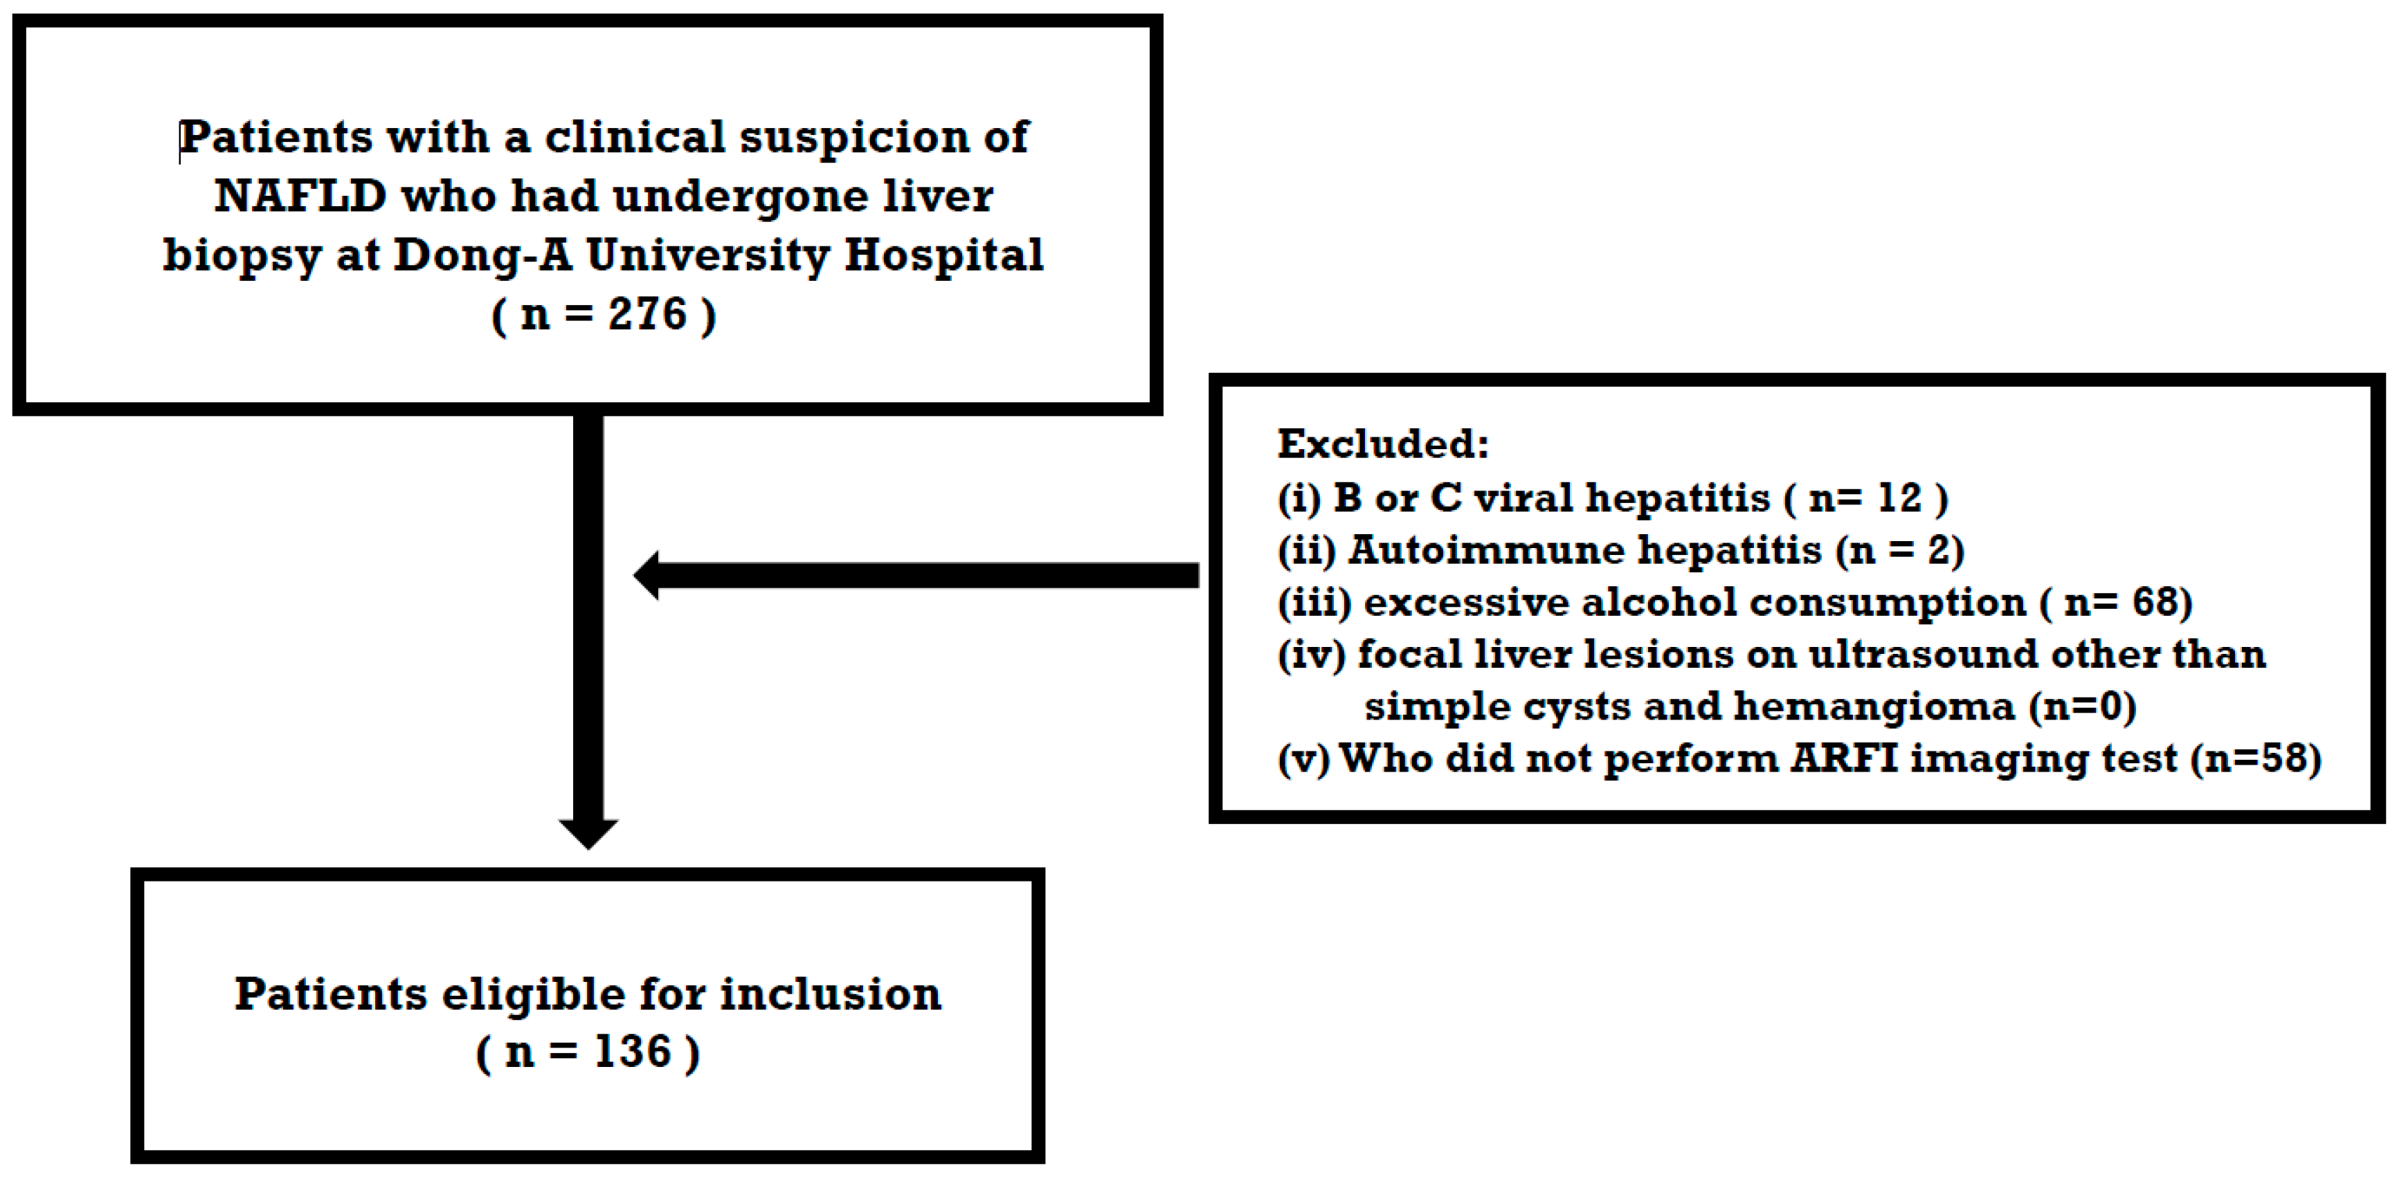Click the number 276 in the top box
click(648, 313)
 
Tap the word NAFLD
click(300, 197)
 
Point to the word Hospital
click(943, 255)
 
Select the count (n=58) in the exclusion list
click(2256, 759)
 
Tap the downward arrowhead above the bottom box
click(588, 832)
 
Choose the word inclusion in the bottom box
click(830, 994)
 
